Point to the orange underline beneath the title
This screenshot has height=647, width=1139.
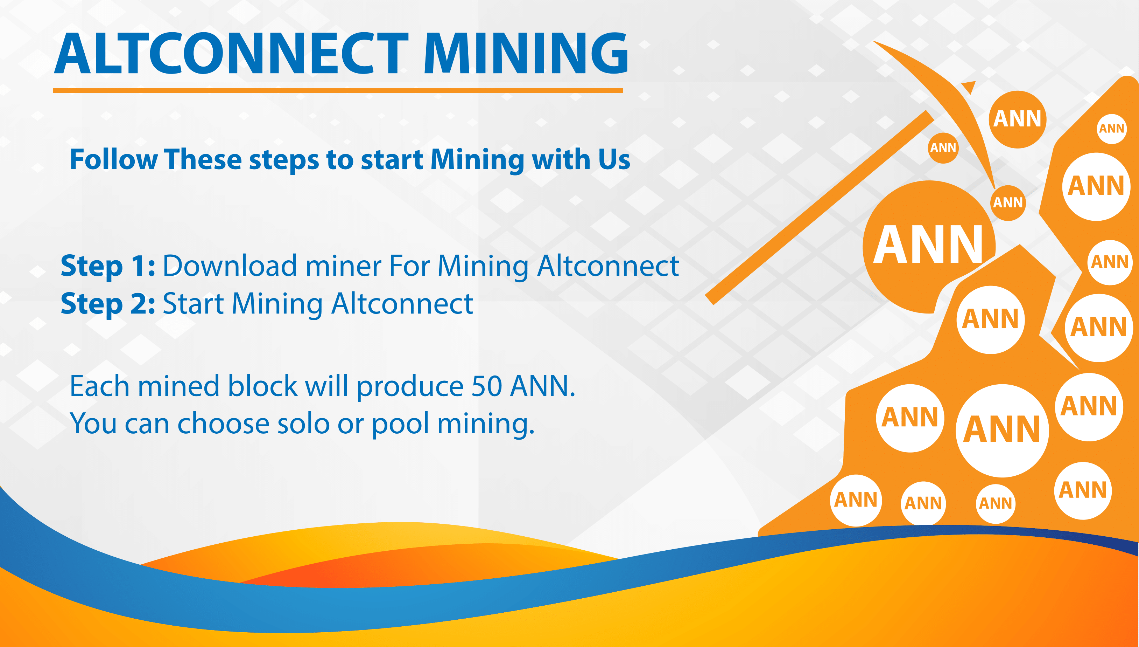coord(338,91)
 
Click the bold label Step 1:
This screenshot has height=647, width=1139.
coord(108,266)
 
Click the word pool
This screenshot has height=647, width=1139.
coord(400,424)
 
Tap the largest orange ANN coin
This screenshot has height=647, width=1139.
coord(928,247)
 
